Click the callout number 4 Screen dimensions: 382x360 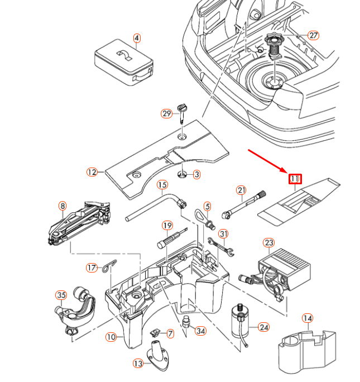click(x=137, y=39)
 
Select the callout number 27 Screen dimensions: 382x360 click(x=313, y=35)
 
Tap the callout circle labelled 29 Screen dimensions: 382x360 click(x=166, y=113)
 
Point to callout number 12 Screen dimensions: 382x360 click(x=92, y=172)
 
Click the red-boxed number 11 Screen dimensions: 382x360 click(x=295, y=179)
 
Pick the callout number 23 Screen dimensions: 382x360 click(x=269, y=243)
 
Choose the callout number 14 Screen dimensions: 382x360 click(x=307, y=318)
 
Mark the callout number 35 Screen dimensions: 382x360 click(x=61, y=295)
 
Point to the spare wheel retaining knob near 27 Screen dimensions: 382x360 click(x=274, y=44)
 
